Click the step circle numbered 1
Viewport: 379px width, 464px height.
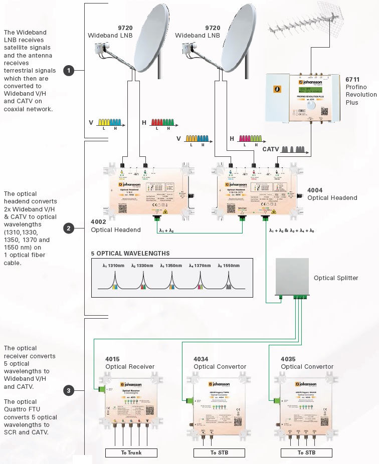(69, 71)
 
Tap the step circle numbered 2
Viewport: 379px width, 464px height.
(69, 228)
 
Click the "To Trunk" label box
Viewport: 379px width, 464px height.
(131, 452)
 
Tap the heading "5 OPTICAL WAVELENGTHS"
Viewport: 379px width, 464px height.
(130, 254)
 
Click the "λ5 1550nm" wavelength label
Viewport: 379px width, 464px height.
(228, 265)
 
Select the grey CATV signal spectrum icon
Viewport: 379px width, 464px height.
(294, 149)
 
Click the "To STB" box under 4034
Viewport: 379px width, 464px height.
(219, 452)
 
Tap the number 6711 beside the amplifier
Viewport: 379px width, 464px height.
(352, 79)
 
